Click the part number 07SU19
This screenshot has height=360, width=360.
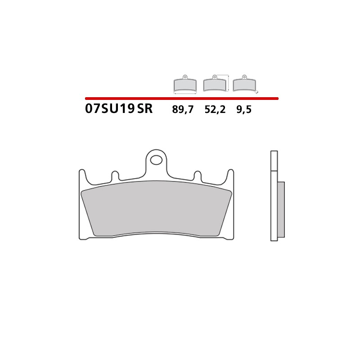(x=110, y=109)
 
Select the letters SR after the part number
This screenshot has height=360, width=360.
(x=145, y=109)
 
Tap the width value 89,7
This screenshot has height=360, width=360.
(x=183, y=109)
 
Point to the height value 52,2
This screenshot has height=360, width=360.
(x=215, y=109)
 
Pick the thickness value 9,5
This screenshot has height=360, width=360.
(x=244, y=109)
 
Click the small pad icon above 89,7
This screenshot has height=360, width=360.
(x=185, y=84)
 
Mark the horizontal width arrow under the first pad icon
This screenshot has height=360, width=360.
(x=185, y=94)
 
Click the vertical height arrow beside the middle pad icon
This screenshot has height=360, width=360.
(x=229, y=83)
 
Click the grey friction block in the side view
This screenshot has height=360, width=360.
(x=281, y=209)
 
